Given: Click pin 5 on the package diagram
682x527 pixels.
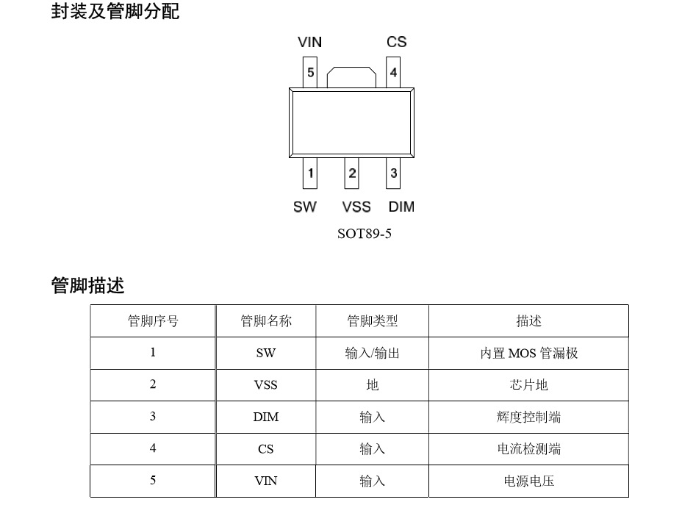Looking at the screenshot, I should point(311,73).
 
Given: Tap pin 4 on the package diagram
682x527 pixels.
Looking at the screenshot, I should point(394,73).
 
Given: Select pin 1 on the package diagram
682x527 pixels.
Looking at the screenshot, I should point(311,173).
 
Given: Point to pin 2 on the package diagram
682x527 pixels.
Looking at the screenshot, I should point(353,173).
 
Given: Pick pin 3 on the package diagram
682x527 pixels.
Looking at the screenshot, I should point(394,173).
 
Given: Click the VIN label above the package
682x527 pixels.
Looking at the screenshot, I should point(309,42).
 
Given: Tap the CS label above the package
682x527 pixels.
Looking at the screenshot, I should point(396,42).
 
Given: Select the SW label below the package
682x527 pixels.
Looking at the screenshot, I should point(304,207).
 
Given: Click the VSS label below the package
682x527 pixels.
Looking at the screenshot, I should point(356,207).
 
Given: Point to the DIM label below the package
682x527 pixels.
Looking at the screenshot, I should point(401,207).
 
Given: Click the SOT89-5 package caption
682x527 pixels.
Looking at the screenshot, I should point(364,235).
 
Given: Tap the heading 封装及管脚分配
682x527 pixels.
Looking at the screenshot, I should point(115,12).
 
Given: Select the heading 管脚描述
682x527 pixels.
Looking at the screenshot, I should point(87,286).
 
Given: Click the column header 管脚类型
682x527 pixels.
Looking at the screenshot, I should point(372,321).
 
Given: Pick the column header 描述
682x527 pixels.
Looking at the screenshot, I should point(528,321).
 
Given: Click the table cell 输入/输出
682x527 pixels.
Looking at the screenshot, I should point(372,353).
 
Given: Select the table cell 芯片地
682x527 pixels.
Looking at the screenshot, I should point(528,385).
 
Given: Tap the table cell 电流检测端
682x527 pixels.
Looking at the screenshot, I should point(528,449).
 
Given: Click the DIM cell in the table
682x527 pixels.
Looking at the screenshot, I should point(265,417).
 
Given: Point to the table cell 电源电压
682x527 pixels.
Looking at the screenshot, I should point(528,481).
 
